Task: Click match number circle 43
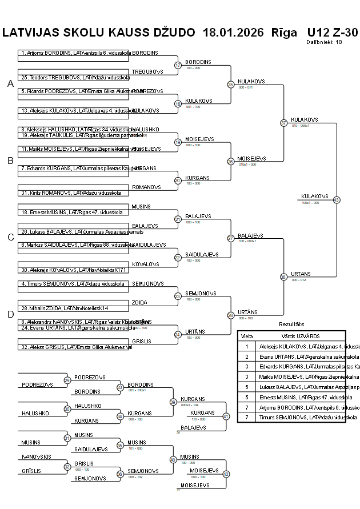pyautogui.click(x=337, y=200)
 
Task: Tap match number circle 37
pyautogui.click(x=283, y=123)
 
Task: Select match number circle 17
pyautogui.click(x=178, y=65)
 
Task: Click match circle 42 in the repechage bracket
pyautogui.click(x=226, y=474)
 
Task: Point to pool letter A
pyautogui.click(x=10, y=84)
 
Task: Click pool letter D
pyautogui.click(x=10, y=314)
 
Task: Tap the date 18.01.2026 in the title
pyautogui.click(x=233, y=33)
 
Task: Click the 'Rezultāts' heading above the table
pyautogui.click(x=291, y=324)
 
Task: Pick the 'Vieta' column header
pyautogui.click(x=247, y=336)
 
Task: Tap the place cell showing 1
pyautogui.click(x=247, y=346)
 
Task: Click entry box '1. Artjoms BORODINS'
pyautogui.click(x=73, y=53)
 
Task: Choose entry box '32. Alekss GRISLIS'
pyautogui.click(x=73, y=347)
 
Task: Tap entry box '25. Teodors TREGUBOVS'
pyautogui.click(x=73, y=77)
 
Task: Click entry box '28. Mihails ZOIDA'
pyautogui.click(x=73, y=308)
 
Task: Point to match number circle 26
pyautogui.click(x=231, y=162)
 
